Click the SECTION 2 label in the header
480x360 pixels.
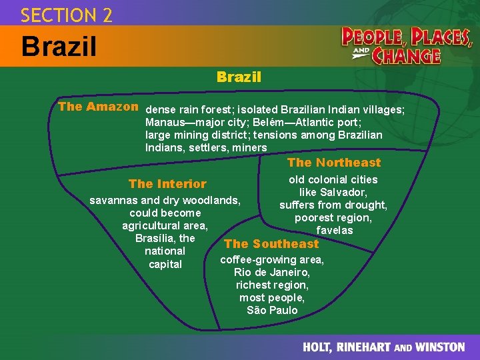66,14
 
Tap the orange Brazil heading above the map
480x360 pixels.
239,77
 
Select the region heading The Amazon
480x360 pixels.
98,107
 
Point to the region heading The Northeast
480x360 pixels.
334,163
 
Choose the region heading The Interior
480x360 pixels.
167,184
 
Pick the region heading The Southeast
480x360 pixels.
271,244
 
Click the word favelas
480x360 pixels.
334,230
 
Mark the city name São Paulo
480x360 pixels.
272,311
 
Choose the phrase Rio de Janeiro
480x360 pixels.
272,273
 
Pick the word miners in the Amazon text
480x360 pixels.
247,147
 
